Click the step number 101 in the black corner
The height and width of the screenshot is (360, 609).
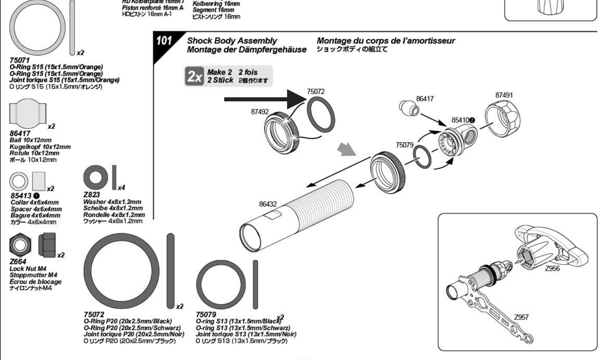pyautogui.click(x=164, y=41)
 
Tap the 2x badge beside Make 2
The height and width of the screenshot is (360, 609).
pyautogui.click(x=195, y=76)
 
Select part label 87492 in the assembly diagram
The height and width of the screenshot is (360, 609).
pyautogui.click(x=259, y=112)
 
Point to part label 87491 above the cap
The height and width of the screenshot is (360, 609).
pyautogui.click(x=504, y=95)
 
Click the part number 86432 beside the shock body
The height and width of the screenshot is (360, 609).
pyautogui.click(x=268, y=204)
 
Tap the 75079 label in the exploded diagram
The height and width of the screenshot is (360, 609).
pyautogui.click(x=404, y=145)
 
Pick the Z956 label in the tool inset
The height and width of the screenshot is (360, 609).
pyautogui.click(x=552, y=268)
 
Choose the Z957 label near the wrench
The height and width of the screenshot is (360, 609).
pyautogui.click(x=521, y=317)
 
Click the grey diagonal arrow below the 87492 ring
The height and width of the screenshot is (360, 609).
pyautogui.click(x=347, y=150)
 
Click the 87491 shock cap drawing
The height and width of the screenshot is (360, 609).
pyautogui.click(x=503, y=119)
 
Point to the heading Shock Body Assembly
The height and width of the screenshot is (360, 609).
pyautogui.click(x=232, y=41)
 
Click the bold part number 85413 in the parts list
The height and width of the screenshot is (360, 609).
pyautogui.click(x=21, y=196)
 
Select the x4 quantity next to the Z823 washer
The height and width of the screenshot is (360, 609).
pyautogui.click(x=121, y=188)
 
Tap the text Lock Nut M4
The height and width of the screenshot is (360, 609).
pyautogui.click(x=28, y=268)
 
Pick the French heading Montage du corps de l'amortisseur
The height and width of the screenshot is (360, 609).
pyautogui.click(x=386, y=41)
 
